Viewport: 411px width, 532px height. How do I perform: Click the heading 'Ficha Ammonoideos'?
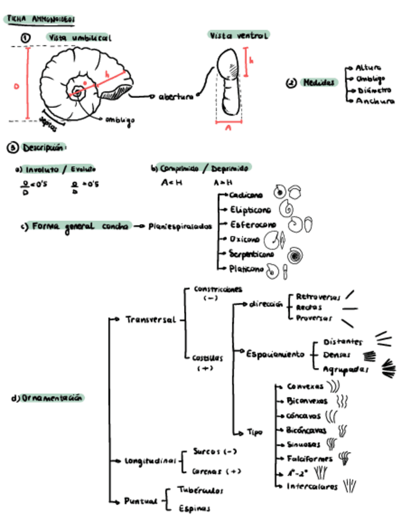click(x=41, y=19)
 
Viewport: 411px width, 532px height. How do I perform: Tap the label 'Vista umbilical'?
click(x=80, y=38)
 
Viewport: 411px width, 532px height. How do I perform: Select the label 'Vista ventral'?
click(x=239, y=36)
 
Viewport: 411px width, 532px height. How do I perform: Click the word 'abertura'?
click(x=175, y=97)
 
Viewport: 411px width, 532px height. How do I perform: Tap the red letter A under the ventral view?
click(x=229, y=127)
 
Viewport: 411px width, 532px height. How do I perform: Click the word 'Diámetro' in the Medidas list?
click(x=374, y=90)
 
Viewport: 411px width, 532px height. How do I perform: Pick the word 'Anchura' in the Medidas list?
click(x=375, y=100)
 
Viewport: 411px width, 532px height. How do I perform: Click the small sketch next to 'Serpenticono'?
click(x=293, y=255)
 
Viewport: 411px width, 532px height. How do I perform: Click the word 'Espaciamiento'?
click(x=275, y=353)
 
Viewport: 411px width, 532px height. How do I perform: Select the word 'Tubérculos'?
click(x=200, y=490)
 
